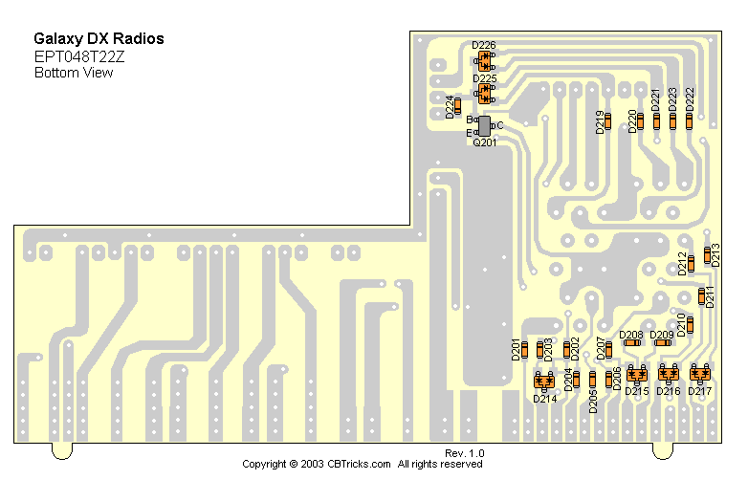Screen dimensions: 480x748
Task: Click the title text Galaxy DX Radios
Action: pos(99,39)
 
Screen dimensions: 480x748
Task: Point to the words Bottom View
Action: pos(74,73)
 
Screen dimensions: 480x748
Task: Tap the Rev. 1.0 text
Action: pos(465,452)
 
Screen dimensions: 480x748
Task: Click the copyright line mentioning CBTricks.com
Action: pos(363,464)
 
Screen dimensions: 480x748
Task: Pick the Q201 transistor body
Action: pos(484,126)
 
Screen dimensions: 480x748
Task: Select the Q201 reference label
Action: pos(485,142)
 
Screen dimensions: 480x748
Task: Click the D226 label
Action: pos(484,45)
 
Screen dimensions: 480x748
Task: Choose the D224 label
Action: pos(450,106)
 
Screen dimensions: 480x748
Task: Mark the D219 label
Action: pos(600,122)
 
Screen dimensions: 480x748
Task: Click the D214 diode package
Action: pos(544,381)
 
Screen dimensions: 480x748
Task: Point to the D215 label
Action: pos(637,391)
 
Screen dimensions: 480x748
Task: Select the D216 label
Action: pos(669,391)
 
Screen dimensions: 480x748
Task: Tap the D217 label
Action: pos(700,391)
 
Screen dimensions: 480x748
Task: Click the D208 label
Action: pos(631,335)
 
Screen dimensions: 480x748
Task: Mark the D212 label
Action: pos(682,263)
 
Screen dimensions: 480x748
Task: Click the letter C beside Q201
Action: pos(499,125)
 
